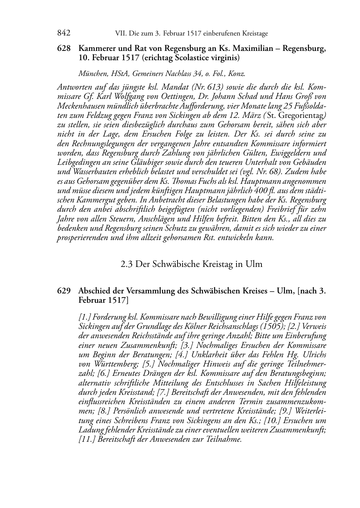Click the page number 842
(64, 33)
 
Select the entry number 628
(64, 48)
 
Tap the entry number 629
(64, 291)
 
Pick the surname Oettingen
(172, 97)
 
